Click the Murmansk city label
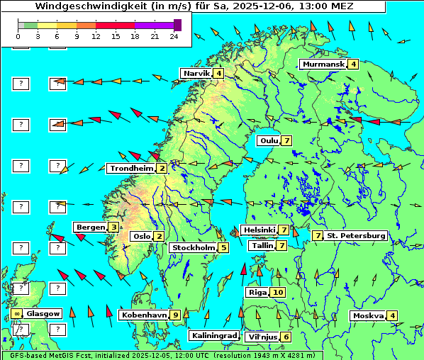click(x=323, y=64)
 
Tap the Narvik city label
click(x=196, y=73)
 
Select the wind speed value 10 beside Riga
click(x=278, y=292)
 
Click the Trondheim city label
click(x=131, y=169)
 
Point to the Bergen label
click(x=90, y=227)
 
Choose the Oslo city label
click(x=142, y=237)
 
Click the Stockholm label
click(x=193, y=247)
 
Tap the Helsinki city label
click(x=259, y=230)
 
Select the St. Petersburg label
click(x=356, y=235)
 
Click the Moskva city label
click(x=368, y=316)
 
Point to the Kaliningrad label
click(x=213, y=336)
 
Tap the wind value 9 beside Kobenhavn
click(x=175, y=315)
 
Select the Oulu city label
click(x=269, y=140)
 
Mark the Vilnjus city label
click(x=262, y=337)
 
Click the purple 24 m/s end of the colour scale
click(x=177, y=25)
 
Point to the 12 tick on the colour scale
click(x=95, y=35)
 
